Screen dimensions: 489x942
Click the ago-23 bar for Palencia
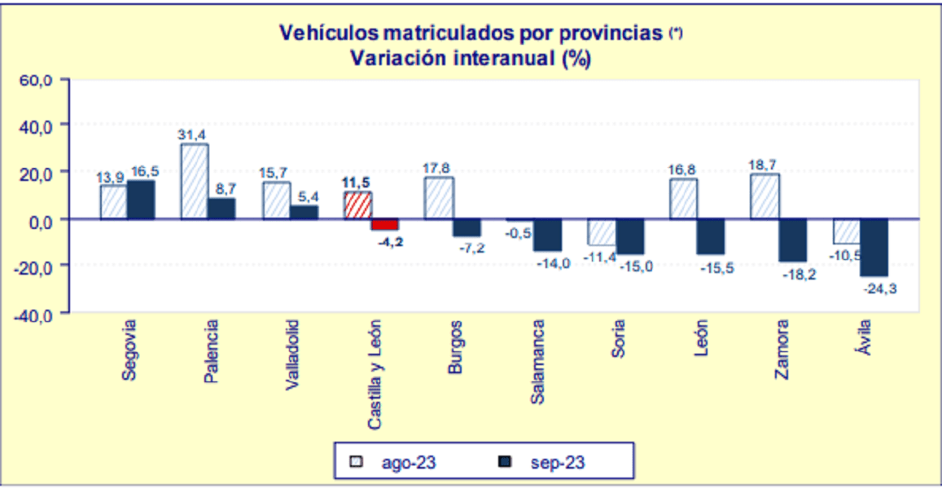[195, 181]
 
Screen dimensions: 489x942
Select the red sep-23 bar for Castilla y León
[384, 224]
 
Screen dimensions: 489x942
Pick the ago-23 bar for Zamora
[765, 196]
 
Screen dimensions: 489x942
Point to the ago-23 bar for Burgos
[439, 198]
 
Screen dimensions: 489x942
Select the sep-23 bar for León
[711, 236]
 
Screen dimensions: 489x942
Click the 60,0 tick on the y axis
[37, 80]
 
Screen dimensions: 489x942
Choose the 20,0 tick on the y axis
[37, 173]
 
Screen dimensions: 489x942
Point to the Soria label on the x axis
[619, 343]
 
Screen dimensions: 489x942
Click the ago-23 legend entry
[393, 462]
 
